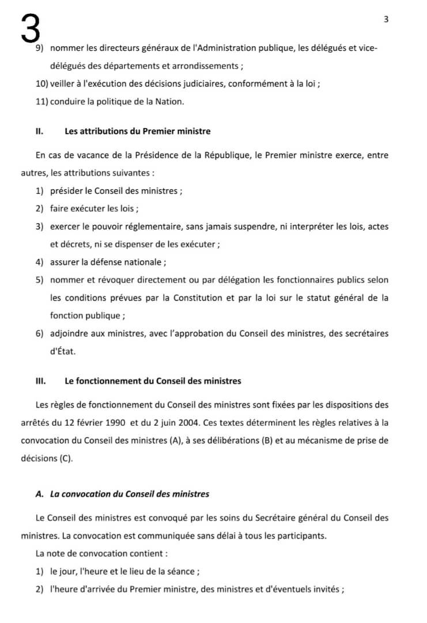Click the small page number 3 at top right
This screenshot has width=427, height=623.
coord(386,19)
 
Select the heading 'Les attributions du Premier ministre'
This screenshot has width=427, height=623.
coord(138,131)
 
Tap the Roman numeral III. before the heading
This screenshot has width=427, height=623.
coord(40,381)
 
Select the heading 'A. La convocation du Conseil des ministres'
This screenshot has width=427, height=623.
coord(122,494)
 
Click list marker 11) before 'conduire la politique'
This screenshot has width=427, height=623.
coord(42,102)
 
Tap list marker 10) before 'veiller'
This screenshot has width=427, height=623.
coord(42,84)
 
